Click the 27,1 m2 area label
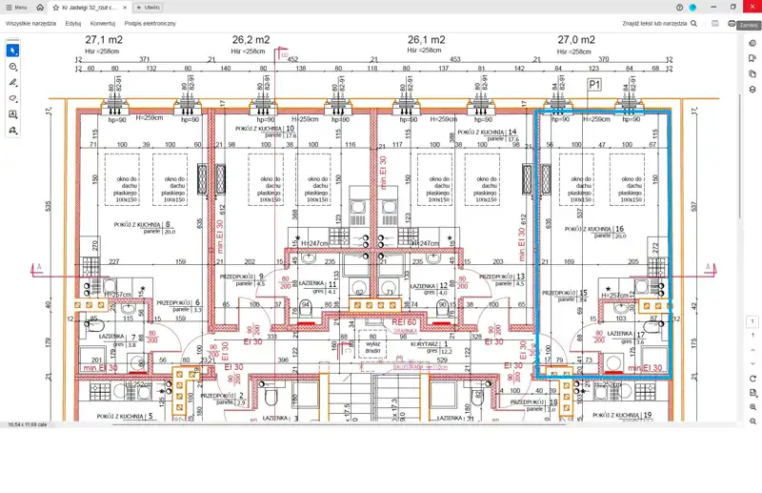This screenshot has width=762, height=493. click(x=104, y=40)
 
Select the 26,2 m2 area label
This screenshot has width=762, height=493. click(x=251, y=40)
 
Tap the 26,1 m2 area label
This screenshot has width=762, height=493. click(x=425, y=40)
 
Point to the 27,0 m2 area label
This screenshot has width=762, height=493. click(x=575, y=40)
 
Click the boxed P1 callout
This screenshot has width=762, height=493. click(x=595, y=85)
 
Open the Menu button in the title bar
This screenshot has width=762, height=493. click(x=15, y=7)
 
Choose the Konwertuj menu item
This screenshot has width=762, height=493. click(x=103, y=22)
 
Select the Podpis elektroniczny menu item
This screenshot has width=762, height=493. click(x=150, y=22)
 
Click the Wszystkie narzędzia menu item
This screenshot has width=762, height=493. click(x=30, y=22)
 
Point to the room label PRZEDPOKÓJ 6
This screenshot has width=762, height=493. click(x=178, y=302)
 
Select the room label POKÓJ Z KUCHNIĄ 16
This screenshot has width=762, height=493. click(x=592, y=231)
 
